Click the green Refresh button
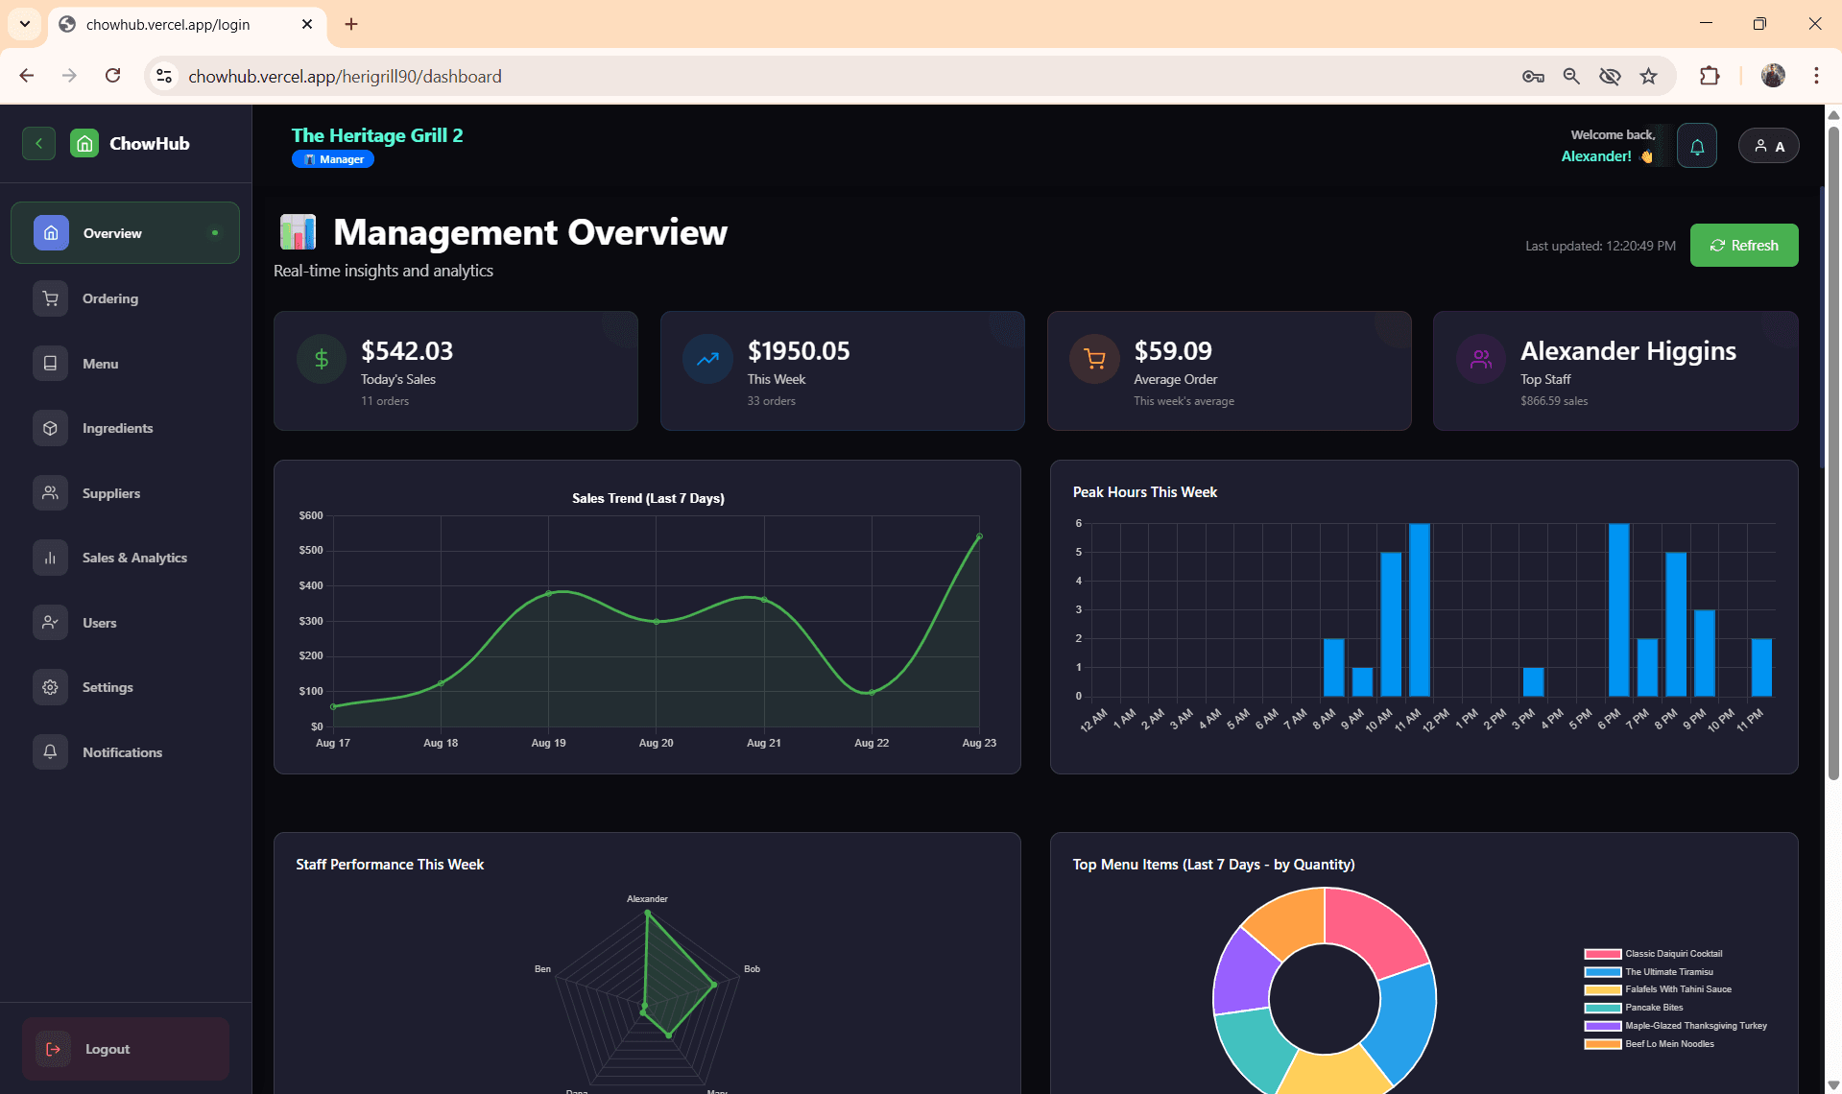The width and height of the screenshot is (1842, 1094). pyautogui.click(x=1743, y=246)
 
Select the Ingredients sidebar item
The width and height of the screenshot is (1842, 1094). pyautogui.click(x=117, y=428)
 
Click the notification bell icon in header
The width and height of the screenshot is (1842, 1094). pyautogui.click(x=1696, y=147)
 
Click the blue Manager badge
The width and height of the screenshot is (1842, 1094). pyautogui.click(x=333, y=159)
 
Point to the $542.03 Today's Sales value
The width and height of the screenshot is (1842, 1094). pyautogui.click(x=407, y=351)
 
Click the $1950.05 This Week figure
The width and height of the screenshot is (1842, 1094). pyautogui.click(x=799, y=351)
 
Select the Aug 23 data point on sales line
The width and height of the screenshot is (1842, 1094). pyautogui.click(x=979, y=536)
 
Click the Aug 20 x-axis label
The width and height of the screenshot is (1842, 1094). pyautogui.click(x=656, y=743)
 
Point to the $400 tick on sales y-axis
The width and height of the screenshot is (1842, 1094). pyautogui.click(x=311, y=585)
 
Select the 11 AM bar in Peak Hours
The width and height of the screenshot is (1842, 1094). pyautogui.click(x=1419, y=609)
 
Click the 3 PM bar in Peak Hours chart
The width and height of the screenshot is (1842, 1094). pyautogui.click(x=1533, y=681)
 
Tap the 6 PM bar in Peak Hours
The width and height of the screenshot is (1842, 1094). pyautogui.click(x=1618, y=609)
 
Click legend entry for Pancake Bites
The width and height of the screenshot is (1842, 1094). pyautogui.click(x=1653, y=1008)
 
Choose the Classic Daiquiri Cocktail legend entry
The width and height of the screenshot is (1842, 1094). pyautogui.click(x=1673, y=954)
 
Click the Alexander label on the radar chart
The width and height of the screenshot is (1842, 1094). pyautogui.click(x=647, y=899)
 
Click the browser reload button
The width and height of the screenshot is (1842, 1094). pyautogui.click(x=112, y=76)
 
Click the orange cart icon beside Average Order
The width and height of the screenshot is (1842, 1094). pyautogui.click(x=1094, y=360)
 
